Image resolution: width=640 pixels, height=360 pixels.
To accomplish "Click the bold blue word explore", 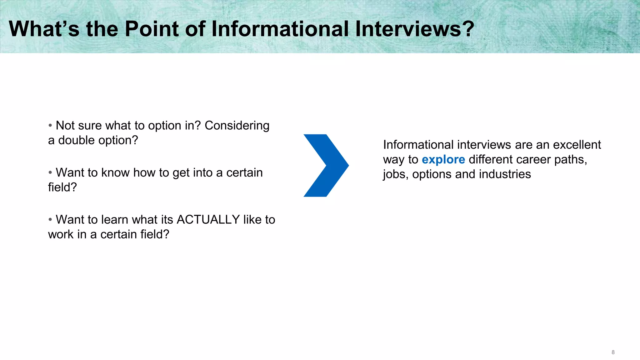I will [x=443, y=160].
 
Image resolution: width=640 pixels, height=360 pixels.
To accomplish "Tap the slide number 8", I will [x=613, y=352].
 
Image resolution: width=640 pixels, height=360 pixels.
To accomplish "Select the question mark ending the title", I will [x=468, y=29].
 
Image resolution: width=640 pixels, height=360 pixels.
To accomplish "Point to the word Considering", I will [x=237, y=126].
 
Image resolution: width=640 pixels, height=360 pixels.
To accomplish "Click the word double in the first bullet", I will [x=77, y=140].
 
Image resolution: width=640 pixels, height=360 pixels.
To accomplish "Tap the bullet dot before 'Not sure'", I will [x=50, y=126].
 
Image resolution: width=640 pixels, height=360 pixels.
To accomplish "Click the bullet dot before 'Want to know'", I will [x=50, y=172].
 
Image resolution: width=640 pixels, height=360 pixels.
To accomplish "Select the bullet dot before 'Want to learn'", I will [x=50, y=219].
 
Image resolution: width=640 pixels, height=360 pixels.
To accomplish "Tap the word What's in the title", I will [x=44, y=29].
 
